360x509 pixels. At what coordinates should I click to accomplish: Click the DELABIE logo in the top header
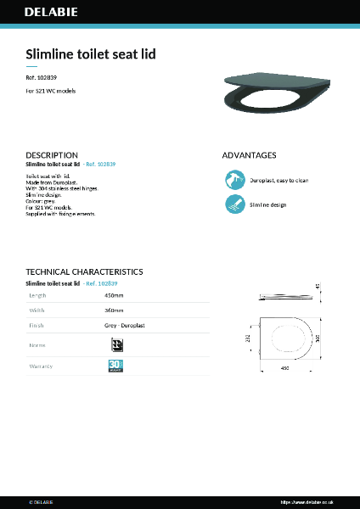coord(49,14)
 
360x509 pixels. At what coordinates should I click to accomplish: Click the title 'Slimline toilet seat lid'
coord(91,54)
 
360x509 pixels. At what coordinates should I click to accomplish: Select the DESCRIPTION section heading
coord(52,155)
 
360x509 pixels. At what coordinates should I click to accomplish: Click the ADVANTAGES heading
coord(249,155)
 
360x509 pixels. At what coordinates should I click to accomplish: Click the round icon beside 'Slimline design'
coord(234,204)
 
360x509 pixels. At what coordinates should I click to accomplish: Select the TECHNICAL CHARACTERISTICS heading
coord(84,271)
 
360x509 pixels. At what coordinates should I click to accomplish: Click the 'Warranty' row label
coord(42,366)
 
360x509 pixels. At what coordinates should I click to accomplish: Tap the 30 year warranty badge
coord(115,366)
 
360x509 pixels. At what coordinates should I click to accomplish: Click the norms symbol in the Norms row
coord(116,344)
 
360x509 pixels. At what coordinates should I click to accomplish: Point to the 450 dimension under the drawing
coord(285,368)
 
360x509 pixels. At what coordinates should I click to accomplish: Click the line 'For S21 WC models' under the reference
coord(51,89)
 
